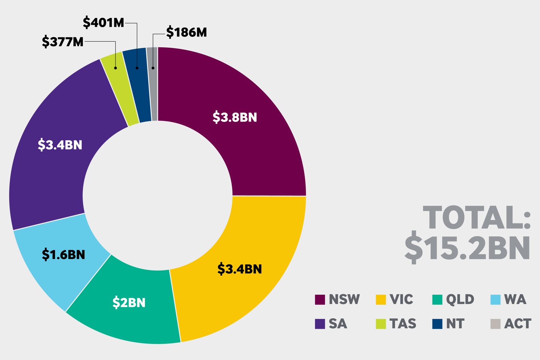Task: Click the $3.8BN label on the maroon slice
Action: coord(235,117)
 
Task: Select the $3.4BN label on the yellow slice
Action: coord(240,269)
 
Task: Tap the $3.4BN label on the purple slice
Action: coord(60,145)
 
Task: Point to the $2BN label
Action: coord(129,303)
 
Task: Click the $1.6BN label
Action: coord(63,255)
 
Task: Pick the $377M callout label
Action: coord(63,42)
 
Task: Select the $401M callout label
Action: coord(103,23)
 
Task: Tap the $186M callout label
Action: coord(186,33)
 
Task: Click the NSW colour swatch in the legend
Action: coord(320,300)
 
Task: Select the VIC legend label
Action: coord(401,300)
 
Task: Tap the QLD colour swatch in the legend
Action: coord(437,300)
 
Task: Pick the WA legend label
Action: coord(515,300)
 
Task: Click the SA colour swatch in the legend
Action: coord(320,324)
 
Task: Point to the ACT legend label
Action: coord(517,324)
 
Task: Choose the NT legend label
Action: coord(455,324)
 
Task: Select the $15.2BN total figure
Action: coord(467,248)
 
